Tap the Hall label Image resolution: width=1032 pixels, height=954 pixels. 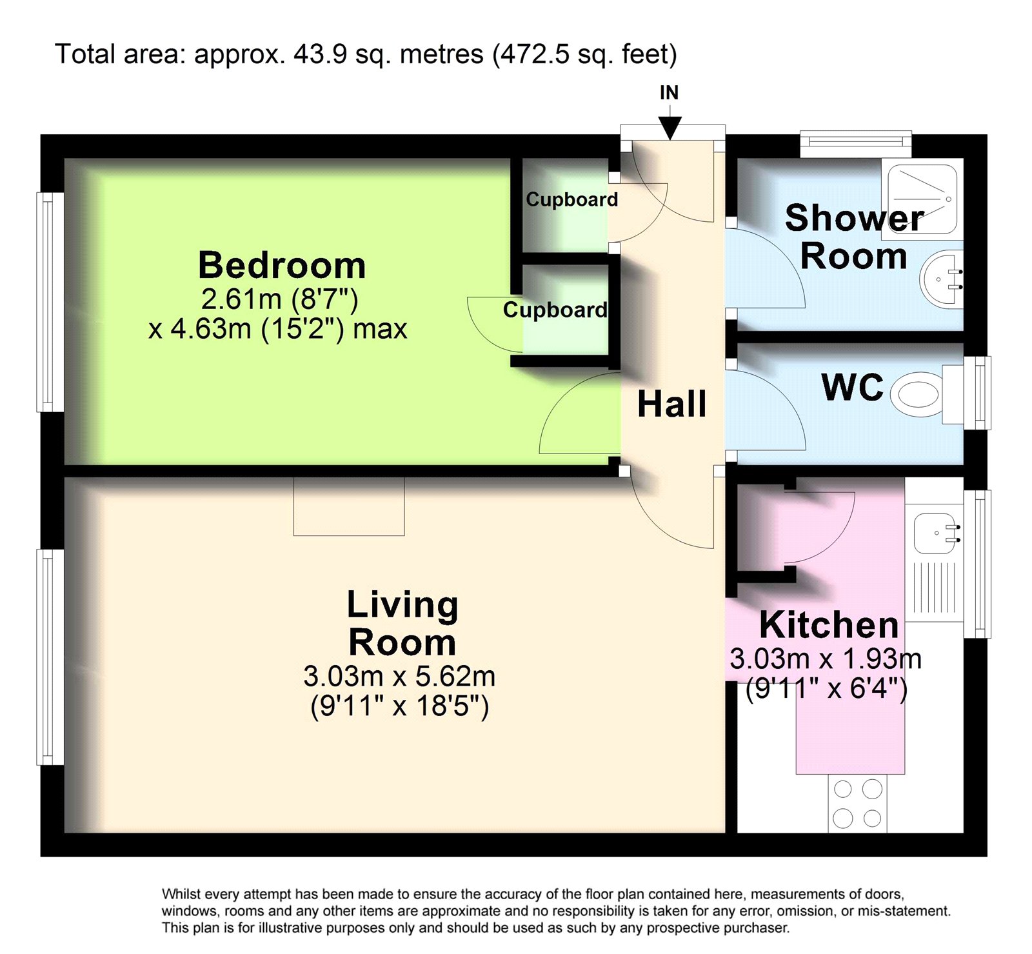[x=671, y=404]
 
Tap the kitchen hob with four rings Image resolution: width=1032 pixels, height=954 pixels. [x=857, y=804]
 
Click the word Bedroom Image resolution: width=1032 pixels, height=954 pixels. [x=282, y=265]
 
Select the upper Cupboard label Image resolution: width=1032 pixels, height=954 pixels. [x=572, y=199]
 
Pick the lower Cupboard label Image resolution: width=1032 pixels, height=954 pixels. [x=555, y=310]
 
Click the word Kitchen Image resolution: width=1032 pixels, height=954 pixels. [x=829, y=624]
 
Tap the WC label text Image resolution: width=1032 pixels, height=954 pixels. [x=852, y=387]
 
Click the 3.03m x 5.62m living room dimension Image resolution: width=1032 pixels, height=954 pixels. [x=399, y=676]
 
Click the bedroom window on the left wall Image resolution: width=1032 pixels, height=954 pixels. [x=50, y=302]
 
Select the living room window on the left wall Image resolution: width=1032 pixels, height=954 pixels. [x=50, y=657]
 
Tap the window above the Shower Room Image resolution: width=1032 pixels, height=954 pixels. [x=856, y=143]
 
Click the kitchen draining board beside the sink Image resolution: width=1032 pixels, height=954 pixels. [x=935, y=588]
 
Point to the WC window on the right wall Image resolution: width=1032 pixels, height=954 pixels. [x=977, y=392]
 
